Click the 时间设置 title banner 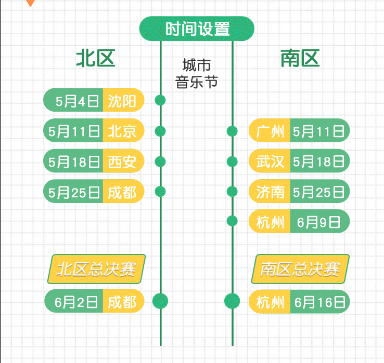tap(197, 29)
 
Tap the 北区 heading tap(95, 59)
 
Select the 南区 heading tap(300, 59)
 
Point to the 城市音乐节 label tap(196, 74)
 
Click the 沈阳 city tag tap(122, 101)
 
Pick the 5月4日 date tap(73, 101)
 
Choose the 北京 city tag tap(122, 131)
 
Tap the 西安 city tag tap(122, 161)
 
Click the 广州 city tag tap(270, 131)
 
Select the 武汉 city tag tap(270, 162)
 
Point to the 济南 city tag tap(270, 192)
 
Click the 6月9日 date tap(318, 222)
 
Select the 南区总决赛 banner tap(300, 269)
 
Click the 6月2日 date tap(75, 301)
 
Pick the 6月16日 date tap(318, 302)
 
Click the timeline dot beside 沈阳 tap(160, 101)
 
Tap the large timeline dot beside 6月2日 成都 tap(160, 301)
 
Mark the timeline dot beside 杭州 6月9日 tap(232, 221)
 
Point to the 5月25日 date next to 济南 tap(318, 192)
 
